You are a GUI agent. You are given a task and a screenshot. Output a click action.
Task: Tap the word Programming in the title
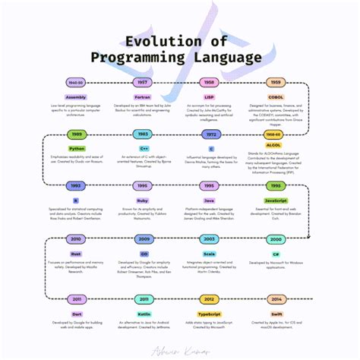click(x=140, y=57)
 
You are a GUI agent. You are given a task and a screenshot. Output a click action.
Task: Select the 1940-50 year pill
click(x=76, y=81)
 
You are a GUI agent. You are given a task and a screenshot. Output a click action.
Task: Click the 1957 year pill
click(x=142, y=81)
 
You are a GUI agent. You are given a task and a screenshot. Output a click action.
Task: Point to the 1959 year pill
click(x=276, y=81)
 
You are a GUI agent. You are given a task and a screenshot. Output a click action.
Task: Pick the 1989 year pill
click(x=76, y=134)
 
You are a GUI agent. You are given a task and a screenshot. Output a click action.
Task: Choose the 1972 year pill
click(x=211, y=134)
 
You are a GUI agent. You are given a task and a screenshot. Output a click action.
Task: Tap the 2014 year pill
click(x=276, y=298)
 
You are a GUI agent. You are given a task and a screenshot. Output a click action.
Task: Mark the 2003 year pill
click(x=210, y=238)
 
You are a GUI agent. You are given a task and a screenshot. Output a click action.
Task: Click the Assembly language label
click(x=76, y=97)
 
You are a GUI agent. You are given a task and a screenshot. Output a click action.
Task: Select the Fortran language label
click(x=142, y=97)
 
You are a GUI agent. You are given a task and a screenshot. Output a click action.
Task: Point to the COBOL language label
click(x=276, y=97)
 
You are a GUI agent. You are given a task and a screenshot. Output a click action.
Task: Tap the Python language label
click(x=76, y=149)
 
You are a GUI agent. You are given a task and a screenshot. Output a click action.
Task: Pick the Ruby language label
click(x=142, y=201)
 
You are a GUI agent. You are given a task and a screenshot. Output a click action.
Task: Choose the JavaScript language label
click(x=276, y=201)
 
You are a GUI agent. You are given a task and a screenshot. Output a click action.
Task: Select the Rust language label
click(x=76, y=254)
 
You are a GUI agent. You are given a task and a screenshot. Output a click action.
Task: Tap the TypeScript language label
click(x=210, y=313)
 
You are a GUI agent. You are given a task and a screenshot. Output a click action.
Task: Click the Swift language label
click(x=276, y=313)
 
